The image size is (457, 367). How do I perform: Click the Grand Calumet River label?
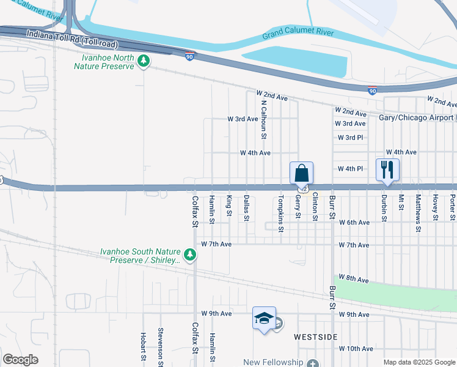click(x=298, y=33)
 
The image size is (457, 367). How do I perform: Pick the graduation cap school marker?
click(x=264, y=318)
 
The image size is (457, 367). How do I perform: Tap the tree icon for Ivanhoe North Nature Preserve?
click(x=144, y=61)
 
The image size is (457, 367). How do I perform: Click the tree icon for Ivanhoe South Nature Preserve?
click(x=190, y=254)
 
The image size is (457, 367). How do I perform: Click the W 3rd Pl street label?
click(x=350, y=138)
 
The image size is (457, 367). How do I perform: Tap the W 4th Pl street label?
click(x=350, y=168)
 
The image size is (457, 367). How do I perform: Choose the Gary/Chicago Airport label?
click(x=419, y=117)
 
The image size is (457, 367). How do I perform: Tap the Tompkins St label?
click(x=281, y=214)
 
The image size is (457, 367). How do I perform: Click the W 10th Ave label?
click(x=355, y=349)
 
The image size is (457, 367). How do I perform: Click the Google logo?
click(x=21, y=360)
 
